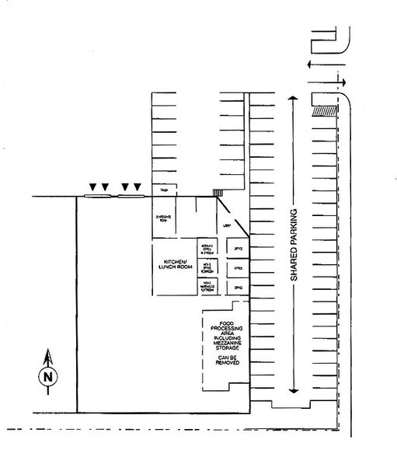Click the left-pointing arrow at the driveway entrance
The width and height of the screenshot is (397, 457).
(x=313, y=65)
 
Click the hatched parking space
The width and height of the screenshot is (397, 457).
(x=323, y=110)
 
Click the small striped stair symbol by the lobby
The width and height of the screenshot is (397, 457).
(x=218, y=193)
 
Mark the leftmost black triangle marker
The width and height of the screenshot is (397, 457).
(x=92, y=187)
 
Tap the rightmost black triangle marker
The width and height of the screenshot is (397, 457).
(x=138, y=187)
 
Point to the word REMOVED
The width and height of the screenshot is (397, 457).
(x=228, y=364)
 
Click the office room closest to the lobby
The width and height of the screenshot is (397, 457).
(x=237, y=247)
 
